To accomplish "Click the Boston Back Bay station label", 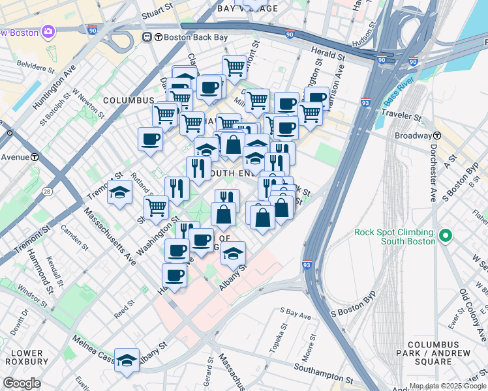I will [x=191, y=37].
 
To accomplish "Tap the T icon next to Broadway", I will [x=438, y=136].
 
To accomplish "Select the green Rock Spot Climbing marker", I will [x=446, y=235].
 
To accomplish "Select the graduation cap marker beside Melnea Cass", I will [x=127, y=360].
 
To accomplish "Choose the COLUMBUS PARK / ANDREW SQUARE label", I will [x=438, y=349].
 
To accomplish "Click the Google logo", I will [x=22, y=383].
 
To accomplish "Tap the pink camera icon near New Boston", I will [x=48, y=31].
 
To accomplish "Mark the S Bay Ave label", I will [x=296, y=313].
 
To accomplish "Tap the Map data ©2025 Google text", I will [x=448, y=386].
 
